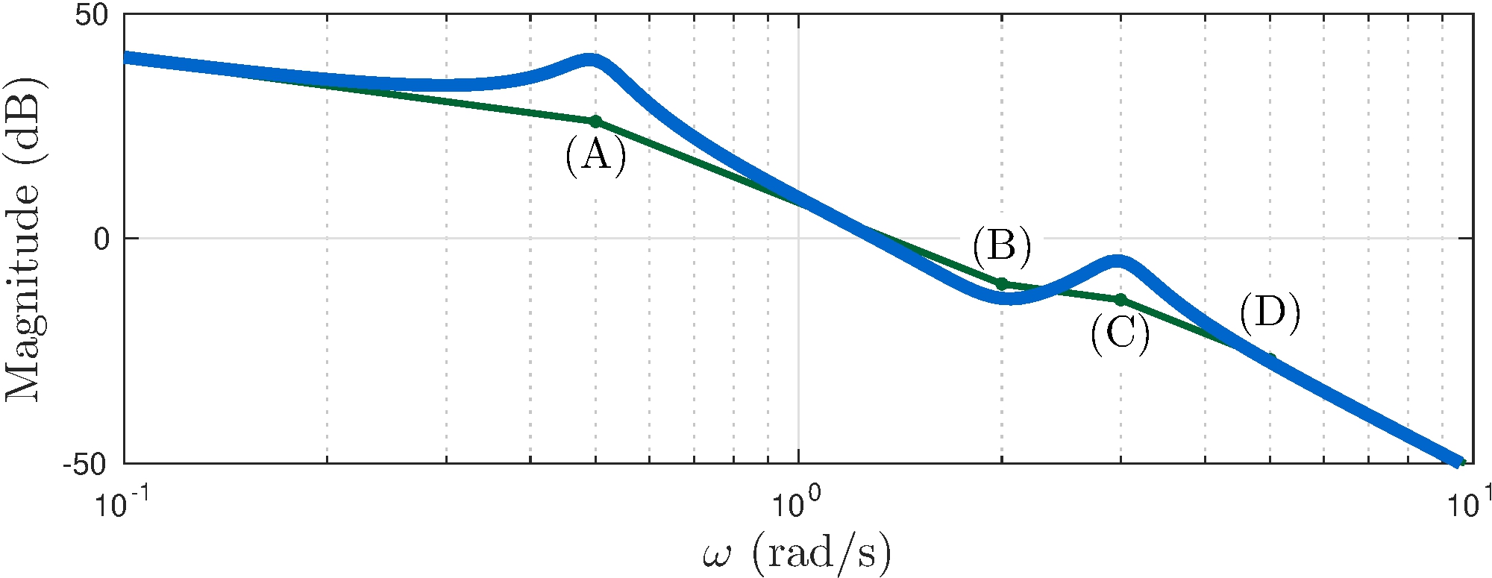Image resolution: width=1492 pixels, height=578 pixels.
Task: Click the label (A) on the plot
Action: tap(595, 156)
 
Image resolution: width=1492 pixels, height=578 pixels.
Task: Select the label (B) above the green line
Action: tap(1002, 246)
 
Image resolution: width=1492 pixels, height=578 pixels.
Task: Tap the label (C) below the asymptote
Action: tap(1120, 333)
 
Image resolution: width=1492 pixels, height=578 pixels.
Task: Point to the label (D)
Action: tap(1270, 313)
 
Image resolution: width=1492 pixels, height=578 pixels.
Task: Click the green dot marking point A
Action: tap(595, 122)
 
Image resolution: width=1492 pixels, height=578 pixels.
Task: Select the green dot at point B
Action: tap(1002, 283)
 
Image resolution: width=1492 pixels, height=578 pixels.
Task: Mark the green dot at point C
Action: tap(1120, 300)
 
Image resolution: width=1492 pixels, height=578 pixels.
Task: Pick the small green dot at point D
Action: tap(1271, 359)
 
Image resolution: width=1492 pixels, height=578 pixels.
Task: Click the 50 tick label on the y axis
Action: tap(92, 16)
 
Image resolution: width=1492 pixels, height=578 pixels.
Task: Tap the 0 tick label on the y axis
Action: tap(101, 239)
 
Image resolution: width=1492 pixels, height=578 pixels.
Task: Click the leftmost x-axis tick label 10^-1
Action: tap(124, 503)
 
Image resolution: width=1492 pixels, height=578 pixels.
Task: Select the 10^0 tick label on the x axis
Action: tap(798, 503)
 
